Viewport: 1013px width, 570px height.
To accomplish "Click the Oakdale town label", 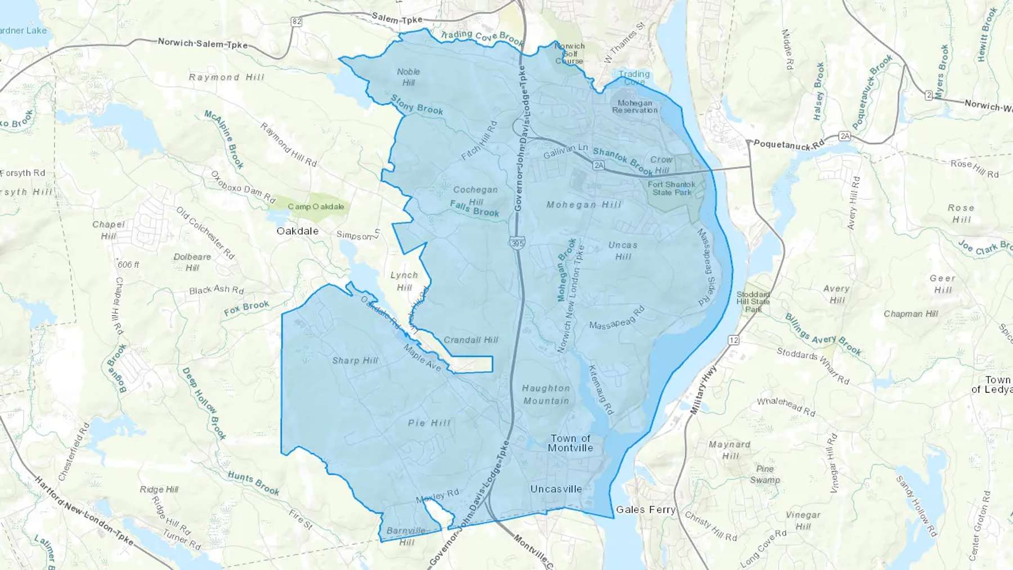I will click(x=297, y=231).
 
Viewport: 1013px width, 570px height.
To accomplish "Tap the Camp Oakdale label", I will click(x=316, y=207).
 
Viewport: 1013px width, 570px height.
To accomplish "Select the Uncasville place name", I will click(x=556, y=489).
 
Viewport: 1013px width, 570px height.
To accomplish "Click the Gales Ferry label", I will click(x=646, y=509).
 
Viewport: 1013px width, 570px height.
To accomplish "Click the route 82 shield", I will click(x=297, y=21).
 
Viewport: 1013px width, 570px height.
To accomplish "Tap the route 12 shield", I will click(x=733, y=340).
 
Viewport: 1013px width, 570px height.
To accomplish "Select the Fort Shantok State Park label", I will click(x=671, y=188).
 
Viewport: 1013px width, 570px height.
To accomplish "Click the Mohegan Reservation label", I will click(x=635, y=106).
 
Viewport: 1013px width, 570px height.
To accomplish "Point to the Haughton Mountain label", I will click(x=546, y=394).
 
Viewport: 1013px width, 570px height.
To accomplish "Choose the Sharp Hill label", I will click(x=355, y=361).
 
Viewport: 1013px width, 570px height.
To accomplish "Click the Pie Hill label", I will click(x=429, y=423).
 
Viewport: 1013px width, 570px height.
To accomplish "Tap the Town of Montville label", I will click(x=571, y=443).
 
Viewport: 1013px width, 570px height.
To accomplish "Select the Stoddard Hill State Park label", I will click(x=753, y=302).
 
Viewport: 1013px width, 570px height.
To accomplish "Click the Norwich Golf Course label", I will click(x=570, y=53).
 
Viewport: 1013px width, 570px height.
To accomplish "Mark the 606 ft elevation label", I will click(x=128, y=264).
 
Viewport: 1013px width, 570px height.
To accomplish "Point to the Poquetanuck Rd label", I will click(x=788, y=145).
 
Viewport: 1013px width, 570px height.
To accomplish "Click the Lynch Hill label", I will click(x=404, y=281).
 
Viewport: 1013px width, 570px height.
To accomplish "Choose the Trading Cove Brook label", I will click(x=482, y=37).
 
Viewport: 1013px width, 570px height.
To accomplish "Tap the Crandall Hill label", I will click(x=470, y=340).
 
